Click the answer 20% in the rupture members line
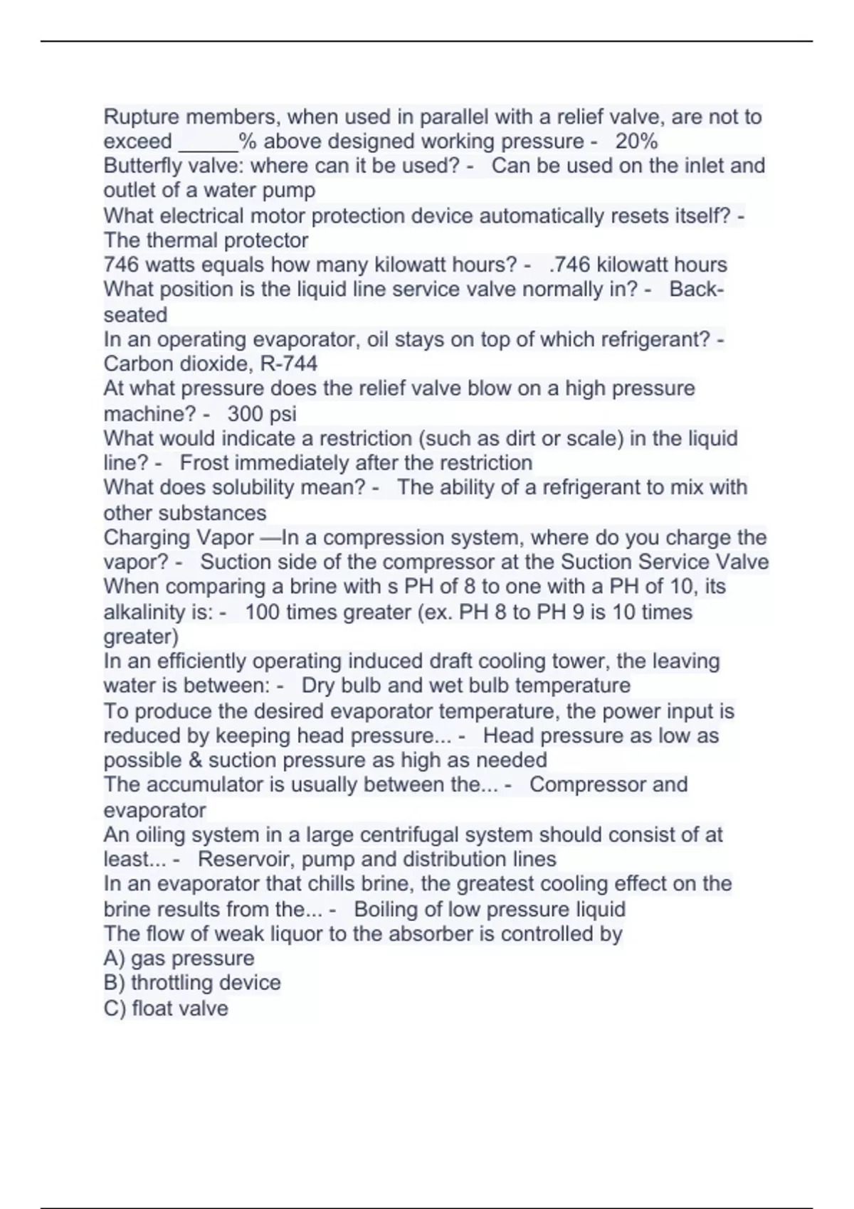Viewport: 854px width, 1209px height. coord(636,142)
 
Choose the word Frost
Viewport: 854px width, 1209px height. coord(204,463)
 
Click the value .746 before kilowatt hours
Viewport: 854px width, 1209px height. coord(570,265)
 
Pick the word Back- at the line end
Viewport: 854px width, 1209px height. coord(697,290)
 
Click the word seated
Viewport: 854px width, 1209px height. coord(135,315)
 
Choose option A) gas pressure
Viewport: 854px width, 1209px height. coord(179,959)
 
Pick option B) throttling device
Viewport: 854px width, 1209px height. coord(192,983)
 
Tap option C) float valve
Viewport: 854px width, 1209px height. coord(166,1008)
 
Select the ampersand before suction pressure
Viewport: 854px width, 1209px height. coord(196,760)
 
